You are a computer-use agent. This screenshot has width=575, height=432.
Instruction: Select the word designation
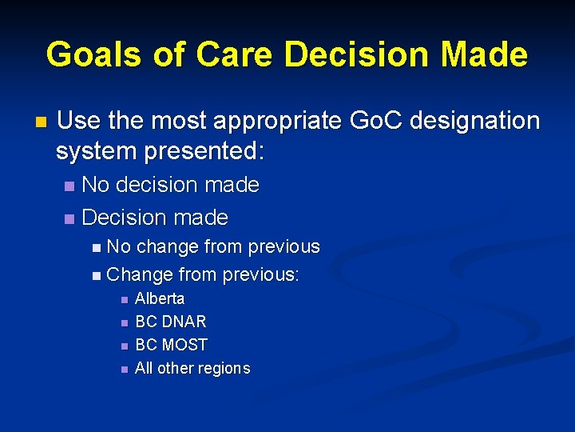pyautogui.click(x=479, y=121)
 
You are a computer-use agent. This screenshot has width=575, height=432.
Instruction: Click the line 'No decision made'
pyautogui.click(x=170, y=185)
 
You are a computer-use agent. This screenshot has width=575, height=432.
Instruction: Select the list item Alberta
pyautogui.click(x=160, y=298)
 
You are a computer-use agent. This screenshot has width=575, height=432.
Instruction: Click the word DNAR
pyautogui.click(x=184, y=322)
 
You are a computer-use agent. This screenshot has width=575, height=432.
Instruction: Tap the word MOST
pyautogui.click(x=184, y=345)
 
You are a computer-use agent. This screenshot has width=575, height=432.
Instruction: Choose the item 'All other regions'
pyautogui.click(x=192, y=368)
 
